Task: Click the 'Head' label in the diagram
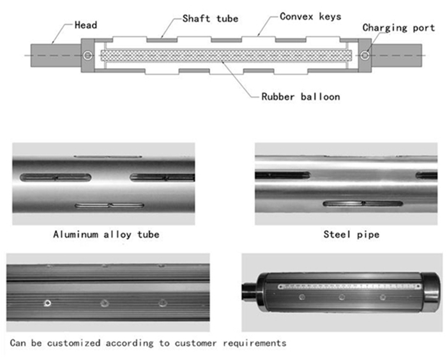coord(86,25)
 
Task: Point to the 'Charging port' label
coord(398,27)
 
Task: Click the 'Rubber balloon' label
coord(300,97)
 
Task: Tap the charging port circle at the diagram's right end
coord(364,56)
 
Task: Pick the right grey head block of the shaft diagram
coord(398,55)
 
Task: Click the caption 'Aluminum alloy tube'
coord(106,234)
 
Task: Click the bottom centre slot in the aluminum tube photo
coord(110,206)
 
